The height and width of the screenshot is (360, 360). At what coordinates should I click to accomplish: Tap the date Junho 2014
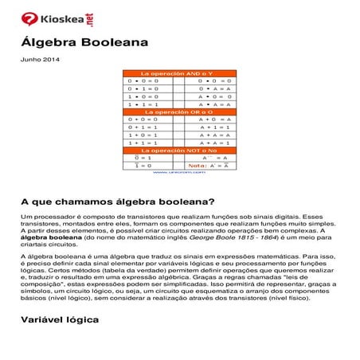(x=39, y=60)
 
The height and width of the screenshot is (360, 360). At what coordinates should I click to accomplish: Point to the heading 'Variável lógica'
(x=60, y=319)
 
